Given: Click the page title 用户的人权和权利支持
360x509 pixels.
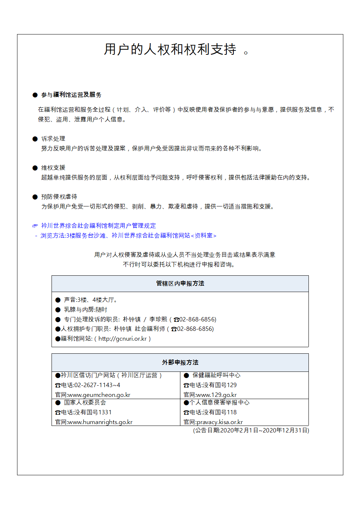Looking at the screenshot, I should pos(170,49).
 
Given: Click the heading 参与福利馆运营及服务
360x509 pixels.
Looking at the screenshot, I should pos(71,95).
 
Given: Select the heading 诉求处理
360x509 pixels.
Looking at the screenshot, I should pos(53,139).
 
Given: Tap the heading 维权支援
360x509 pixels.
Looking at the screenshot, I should pos(53,168).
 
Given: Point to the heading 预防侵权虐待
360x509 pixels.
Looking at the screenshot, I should pos(59,197).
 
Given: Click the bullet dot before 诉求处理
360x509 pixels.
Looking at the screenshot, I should pos(35,139).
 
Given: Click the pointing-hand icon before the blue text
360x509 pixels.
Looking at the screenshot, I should pos(35,226).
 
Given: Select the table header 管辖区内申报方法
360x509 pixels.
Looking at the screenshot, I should pos(180,283).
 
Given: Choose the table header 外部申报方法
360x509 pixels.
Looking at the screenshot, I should pos(180,362).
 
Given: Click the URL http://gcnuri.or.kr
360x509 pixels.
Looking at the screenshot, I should pos(123,338).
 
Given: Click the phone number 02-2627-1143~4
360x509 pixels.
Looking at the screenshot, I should pos(97,385).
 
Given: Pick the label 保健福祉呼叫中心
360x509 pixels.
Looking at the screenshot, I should pos(216,375).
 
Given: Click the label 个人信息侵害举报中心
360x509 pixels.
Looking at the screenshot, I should pos(219,402).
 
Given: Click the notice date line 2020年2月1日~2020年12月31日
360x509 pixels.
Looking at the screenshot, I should pos(251,430).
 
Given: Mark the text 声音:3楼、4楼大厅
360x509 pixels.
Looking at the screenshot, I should pos(90,300).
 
